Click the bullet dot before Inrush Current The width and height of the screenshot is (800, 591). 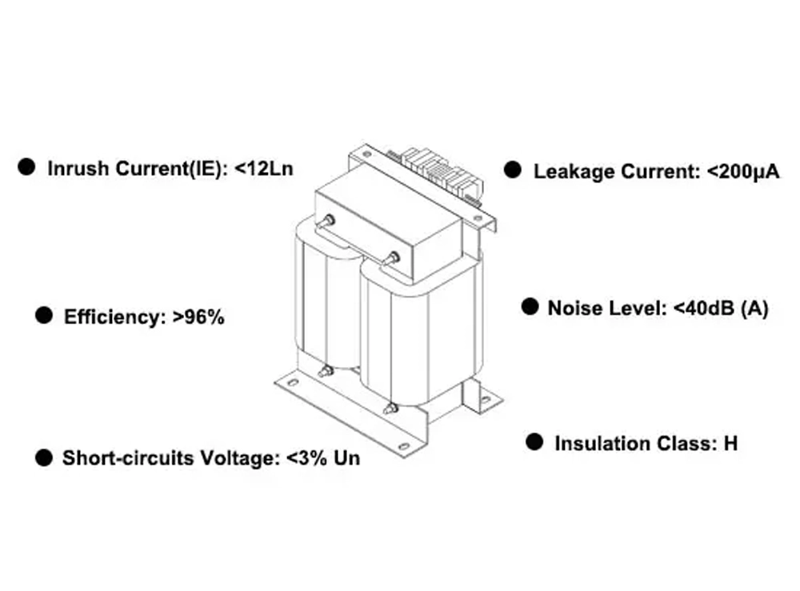(28, 166)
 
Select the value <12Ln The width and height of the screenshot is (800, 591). (265, 170)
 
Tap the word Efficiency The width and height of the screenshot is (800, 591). (114, 317)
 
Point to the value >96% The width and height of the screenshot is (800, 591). (198, 317)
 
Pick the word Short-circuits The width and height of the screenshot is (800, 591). (119, 458)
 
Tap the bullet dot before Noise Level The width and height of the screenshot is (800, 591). (530, 307)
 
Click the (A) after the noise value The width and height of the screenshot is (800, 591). (755, 309)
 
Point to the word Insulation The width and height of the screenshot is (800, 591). (602, 443)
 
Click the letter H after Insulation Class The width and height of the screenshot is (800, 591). (730, 443)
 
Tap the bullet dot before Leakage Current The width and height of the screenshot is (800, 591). (512, 170)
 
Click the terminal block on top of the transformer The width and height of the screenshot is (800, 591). (438, 170)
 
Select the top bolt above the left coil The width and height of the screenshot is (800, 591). (326, 221)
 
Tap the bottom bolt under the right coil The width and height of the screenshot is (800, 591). (390, 409)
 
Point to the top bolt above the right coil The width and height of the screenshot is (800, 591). (393, 258)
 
